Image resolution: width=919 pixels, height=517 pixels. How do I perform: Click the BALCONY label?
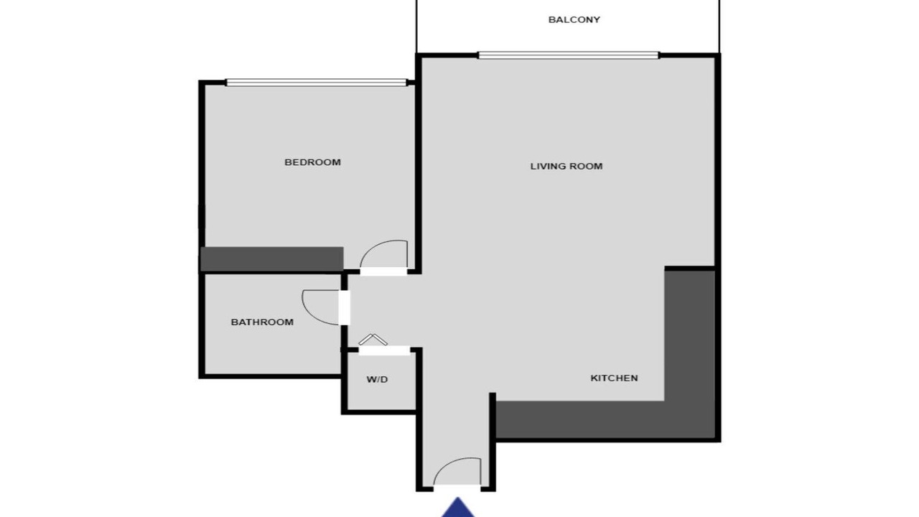(x=574, y=19)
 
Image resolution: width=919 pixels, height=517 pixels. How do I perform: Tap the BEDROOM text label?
(x=312, y=162)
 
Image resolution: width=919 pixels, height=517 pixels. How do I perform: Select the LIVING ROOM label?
(x=566, y=166)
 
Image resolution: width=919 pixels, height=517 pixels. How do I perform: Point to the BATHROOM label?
(x=262, y=322)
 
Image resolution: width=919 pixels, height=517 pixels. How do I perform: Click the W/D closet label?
(x=377, y=380)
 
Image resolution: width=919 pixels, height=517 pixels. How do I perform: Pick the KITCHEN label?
(x=614, y=378)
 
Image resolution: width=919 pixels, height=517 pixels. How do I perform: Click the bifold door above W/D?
(x=373, y=340)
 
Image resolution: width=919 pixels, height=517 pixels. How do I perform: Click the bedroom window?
(x=317, y=83)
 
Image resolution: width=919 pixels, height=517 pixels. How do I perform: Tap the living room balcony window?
(x=569, y=55)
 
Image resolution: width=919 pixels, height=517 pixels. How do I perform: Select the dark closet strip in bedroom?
(x=271, y=258)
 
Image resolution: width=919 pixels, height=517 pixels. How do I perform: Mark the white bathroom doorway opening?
(x=344, y=307)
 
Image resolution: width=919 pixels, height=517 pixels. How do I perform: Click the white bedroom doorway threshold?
(x=383, y=271)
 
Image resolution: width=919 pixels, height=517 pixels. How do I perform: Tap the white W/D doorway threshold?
(x=385, y=351)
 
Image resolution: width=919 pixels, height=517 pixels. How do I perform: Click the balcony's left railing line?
(x=417, y=27)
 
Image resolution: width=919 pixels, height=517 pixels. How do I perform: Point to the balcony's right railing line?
(x=719, y=27)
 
